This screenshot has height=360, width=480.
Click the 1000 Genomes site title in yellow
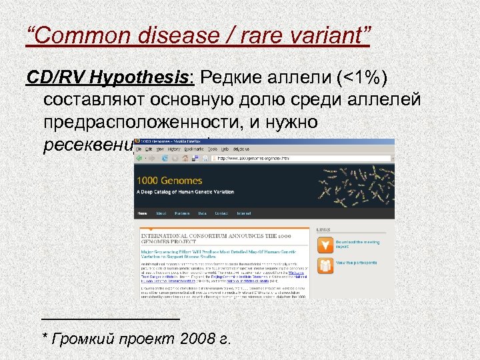[169, 180]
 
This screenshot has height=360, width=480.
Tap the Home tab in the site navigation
[141, 213]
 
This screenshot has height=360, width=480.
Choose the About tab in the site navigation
[161, 213]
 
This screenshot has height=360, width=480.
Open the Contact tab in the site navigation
[221, 213]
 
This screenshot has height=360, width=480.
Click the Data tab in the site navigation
[202, 213]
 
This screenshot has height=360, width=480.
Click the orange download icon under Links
[325, 245]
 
